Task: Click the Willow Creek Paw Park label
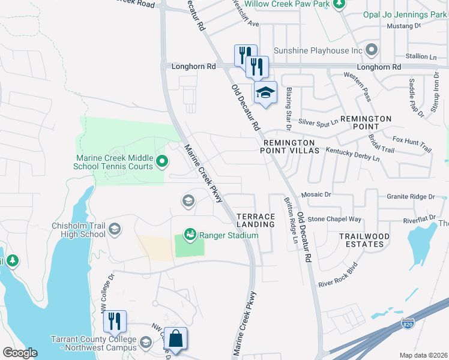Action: [x=283, y=4]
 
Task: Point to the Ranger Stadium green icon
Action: [x=190, y=235]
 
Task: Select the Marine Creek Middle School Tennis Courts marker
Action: [x=161, y=161]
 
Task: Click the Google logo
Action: [x=20, y=353]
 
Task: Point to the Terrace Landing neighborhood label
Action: [x=256, y=220]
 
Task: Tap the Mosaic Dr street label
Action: [x=316, y=195]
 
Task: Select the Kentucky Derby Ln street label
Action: [x=352, y=155]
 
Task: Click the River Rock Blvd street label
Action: [x=338, y=275]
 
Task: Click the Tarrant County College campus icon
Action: [x=145, y=343]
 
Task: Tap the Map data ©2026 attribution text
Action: [x=423, y=355]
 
